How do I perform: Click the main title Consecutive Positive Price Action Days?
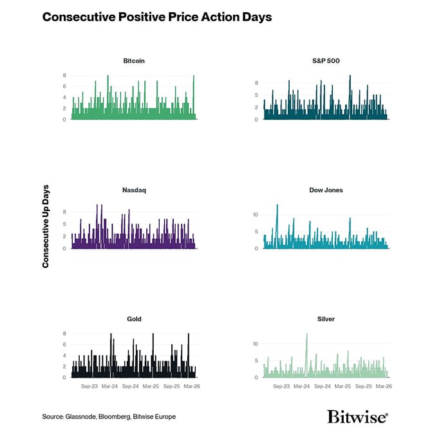coord(157,17)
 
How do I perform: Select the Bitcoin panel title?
coord(134,61)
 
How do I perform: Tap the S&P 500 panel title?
coord(325,61)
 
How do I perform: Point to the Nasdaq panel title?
coord(133,191)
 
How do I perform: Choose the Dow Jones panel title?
coord(325,191)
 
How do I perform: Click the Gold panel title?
coord(134,319)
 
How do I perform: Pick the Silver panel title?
coord(325,319)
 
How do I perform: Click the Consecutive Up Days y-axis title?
coord(46,227)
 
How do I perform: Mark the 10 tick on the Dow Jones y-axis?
coord(255,214)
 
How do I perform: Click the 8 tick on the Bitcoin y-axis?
coord(64,76)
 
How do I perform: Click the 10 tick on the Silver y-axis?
coord(255,344)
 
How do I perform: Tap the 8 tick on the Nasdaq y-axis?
coord(64,211)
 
